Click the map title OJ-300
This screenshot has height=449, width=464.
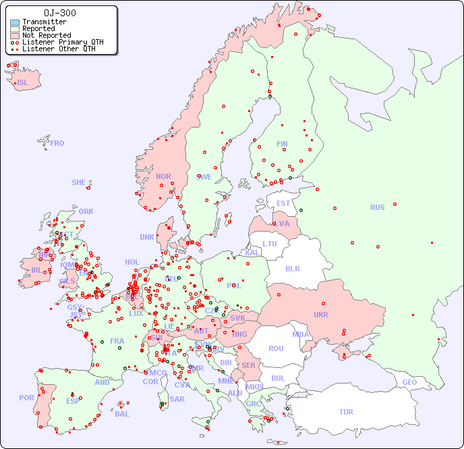[x=59, y=13]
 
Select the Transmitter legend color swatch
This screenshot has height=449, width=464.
[x=15, y=22]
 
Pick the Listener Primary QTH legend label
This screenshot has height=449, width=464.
[x=63, y=42]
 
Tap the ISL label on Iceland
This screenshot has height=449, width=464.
[x=23, y=83]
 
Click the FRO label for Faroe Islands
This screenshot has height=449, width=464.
[x=57, y=143]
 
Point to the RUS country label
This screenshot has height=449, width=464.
[x=377, y=207]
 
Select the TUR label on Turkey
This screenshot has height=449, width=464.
[x=346, y=412]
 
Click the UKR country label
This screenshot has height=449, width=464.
[x=321, y=315]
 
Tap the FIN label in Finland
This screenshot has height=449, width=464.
[x=282, y=144]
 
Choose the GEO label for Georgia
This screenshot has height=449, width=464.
[x=409, y=382]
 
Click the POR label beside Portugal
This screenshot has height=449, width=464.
[x=26, y=398]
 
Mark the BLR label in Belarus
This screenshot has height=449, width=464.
[x=293, y=268]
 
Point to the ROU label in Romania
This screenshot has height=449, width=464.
[x=276, y=348]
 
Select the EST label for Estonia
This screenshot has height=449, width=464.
[x=283, y=203]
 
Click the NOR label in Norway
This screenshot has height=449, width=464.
[x=163, y=176]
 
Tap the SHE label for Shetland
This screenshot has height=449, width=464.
[x=79, y=182]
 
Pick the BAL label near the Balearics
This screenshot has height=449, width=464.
[x=122, y=414]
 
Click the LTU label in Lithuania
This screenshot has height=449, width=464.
[x=270, y=244]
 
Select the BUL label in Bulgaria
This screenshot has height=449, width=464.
[x=279, y=378]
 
